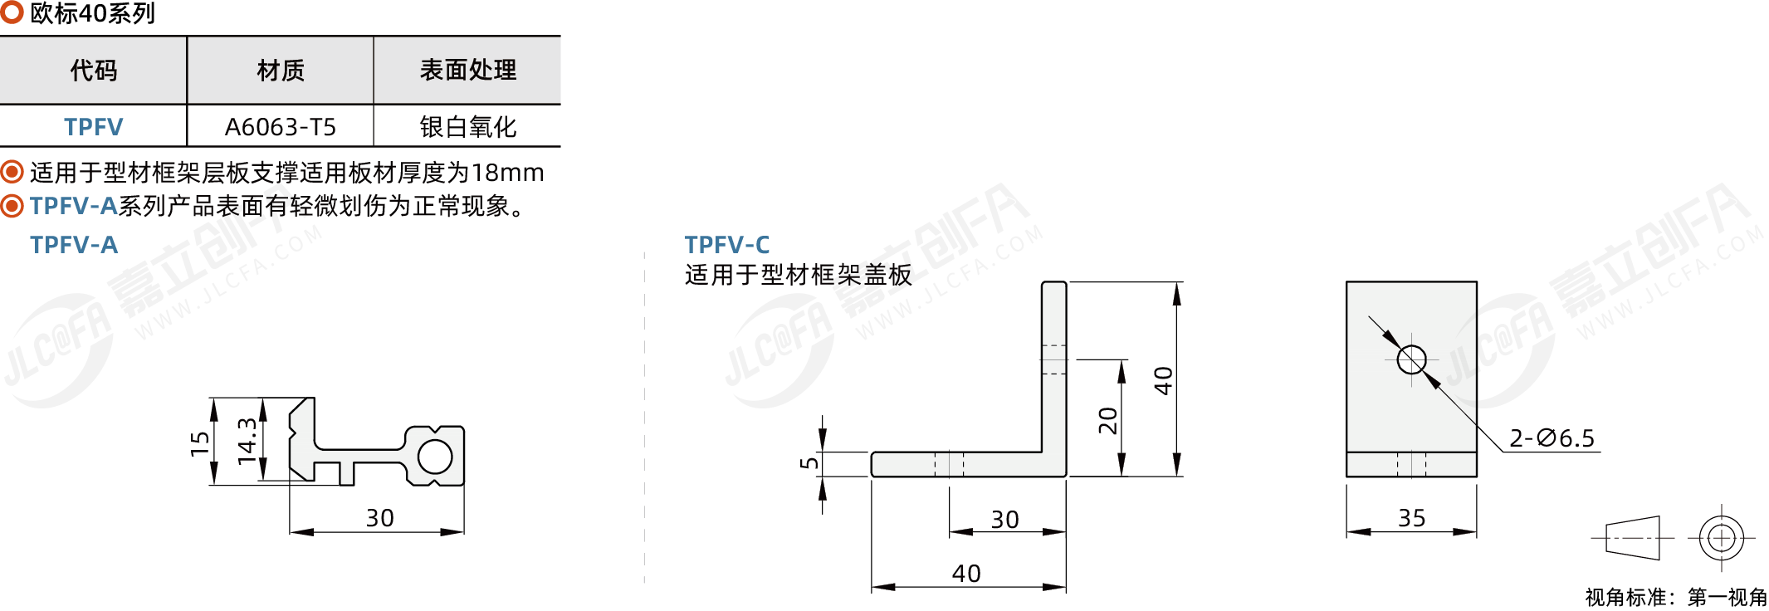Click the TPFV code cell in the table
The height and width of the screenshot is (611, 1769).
93,127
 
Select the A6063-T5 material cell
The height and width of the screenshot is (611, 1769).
281,127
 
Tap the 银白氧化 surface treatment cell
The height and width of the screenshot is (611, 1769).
467,127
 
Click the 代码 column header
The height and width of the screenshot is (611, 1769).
93,71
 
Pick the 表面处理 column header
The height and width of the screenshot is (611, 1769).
467,71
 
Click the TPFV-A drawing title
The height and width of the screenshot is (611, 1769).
74,245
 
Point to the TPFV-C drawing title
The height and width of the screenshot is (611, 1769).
727,245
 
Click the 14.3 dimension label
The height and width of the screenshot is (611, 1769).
247,441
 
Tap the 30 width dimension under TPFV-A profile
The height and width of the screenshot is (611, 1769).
380,518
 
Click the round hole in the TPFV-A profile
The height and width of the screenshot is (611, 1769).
435,457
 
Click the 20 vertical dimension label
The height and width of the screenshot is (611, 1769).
1108,421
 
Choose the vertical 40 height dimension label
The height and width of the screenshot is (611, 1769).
1163,381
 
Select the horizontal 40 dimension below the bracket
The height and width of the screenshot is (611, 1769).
966,574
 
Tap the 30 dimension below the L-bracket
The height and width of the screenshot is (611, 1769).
1005,520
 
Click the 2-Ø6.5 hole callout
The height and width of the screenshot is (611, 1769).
1552,438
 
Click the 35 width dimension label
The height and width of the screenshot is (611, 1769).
1412,518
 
